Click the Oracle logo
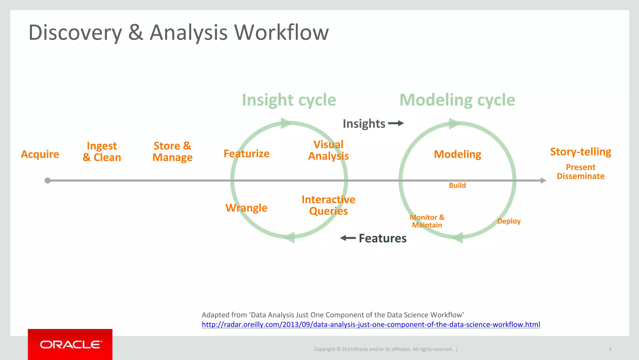coord(71,344)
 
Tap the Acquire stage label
coord(40,154)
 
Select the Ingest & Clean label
coord(102,152)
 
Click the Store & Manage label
coord(172,152)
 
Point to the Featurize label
coord(246,154)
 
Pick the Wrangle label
coord(246,208)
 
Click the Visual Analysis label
coord(328,150)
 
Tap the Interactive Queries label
coord(328,205)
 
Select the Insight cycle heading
coord(289,100)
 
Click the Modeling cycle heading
coord(457,100)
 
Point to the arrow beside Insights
coord(396,123)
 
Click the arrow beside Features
coord(348,238)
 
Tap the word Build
coord(457,185)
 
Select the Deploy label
coord(509,221)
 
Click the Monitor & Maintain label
coord(427,221)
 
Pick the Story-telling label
coord(580,152)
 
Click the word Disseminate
coord(580,176)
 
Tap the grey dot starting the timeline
coord(47,180)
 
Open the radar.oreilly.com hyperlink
coord(371,324)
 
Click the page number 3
coord(610,349)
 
